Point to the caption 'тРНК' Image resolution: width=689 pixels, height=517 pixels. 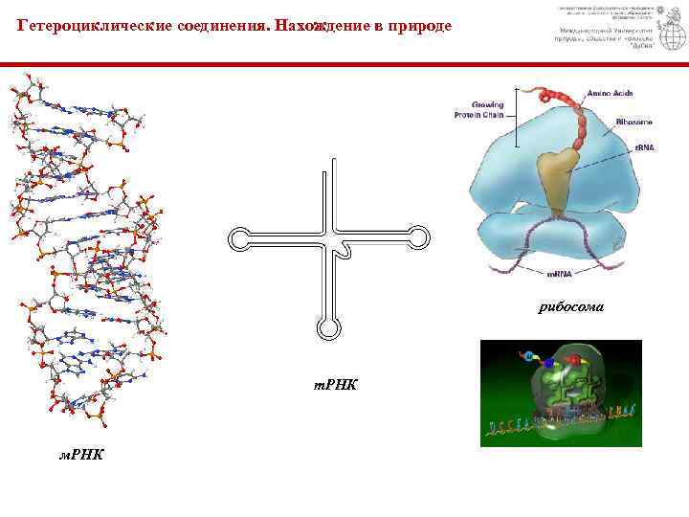(x=336, y=385)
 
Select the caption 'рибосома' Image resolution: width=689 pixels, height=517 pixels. (x=571, y=307)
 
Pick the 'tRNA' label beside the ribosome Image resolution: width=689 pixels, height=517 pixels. (x=644, y=148)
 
